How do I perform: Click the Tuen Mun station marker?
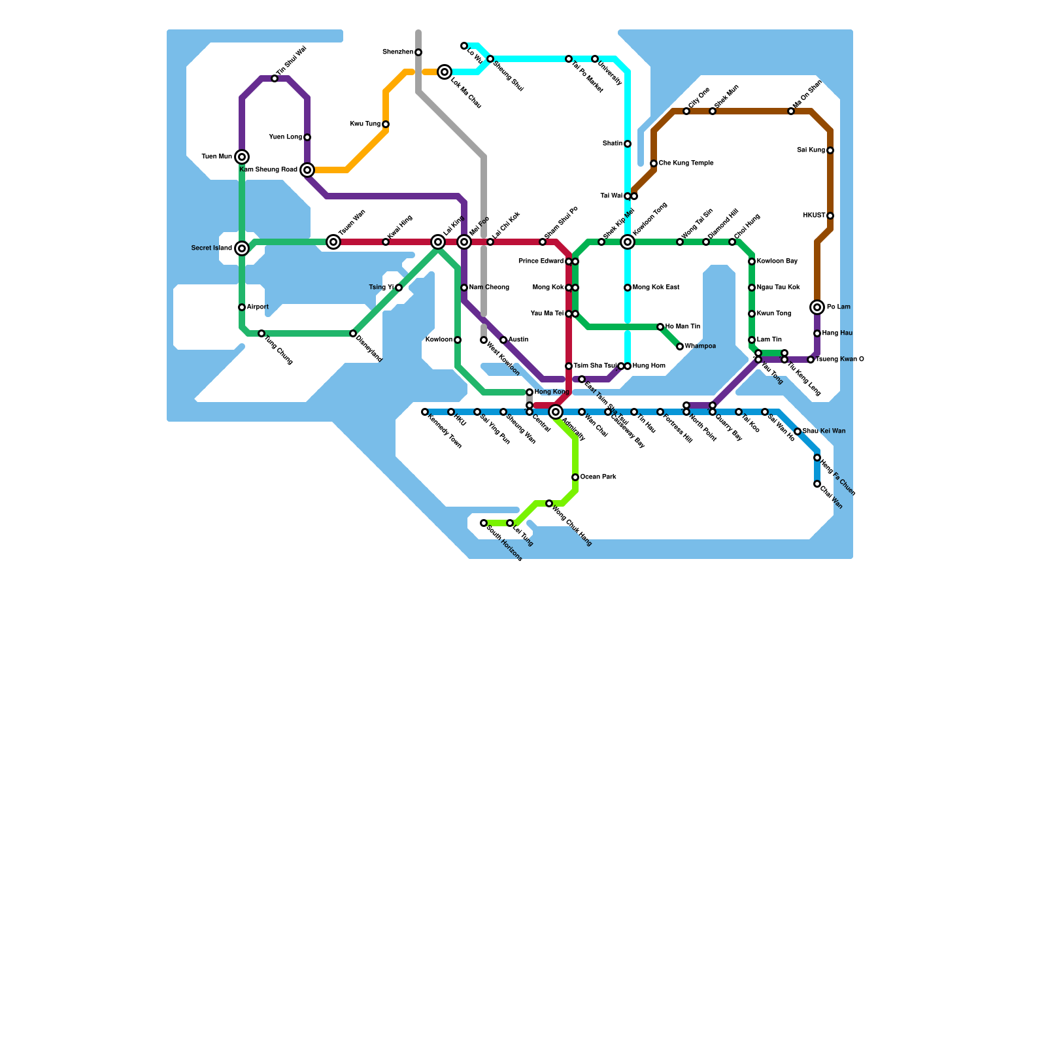[242, 157]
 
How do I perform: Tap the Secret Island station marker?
[242, 248]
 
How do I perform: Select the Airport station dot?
[242, 307]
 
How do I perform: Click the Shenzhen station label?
[397, 52]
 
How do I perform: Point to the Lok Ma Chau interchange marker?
[445, 72]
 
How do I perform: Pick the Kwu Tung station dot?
[386, 124]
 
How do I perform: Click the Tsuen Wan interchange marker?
[333, 242]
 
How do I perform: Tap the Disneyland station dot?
[353, 333]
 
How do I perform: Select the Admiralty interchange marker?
[556, 412]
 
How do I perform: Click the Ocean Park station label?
[598, 477]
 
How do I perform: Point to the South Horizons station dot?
[484, 523]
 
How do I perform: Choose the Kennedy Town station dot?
[425, 412]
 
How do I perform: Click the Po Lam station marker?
[817, 307]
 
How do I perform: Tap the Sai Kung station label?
[811, 150]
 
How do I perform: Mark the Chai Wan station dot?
[817, 484]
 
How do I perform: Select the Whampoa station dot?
[680, 346]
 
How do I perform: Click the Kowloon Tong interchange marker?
[628, 242]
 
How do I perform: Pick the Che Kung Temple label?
[686, 163]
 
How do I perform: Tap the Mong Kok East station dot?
[628, 288]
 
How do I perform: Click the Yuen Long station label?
[286, 137]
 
